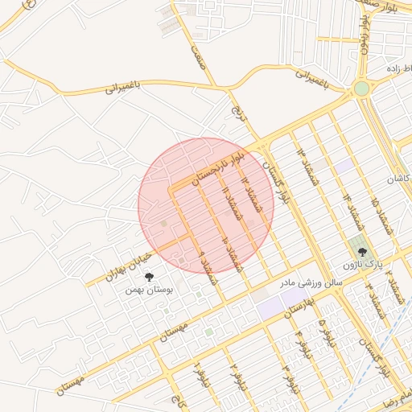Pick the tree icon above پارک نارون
click(x=360, y=250)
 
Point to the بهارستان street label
click(x=298, y=307)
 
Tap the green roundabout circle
click(x=361, y=88)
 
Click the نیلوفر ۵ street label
click(x=325, y=333)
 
